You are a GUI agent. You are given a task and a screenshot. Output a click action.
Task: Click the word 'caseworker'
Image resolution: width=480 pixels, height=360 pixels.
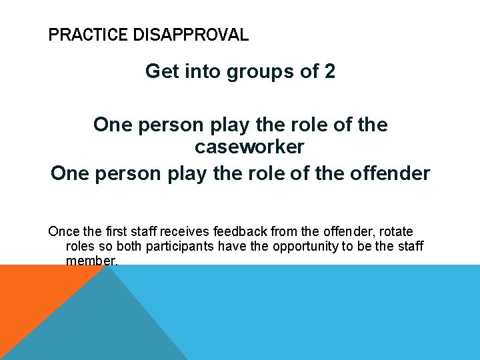(x=249, y=146)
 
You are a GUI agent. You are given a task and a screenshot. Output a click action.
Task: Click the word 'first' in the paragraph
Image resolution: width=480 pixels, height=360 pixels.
(x=112, y=232)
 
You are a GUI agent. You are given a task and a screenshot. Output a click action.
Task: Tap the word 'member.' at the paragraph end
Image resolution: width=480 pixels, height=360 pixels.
(x=92, y=260)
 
